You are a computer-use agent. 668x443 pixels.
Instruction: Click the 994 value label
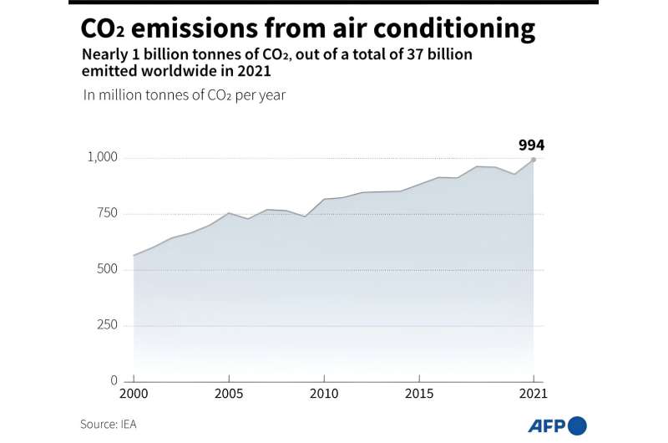pos(531,145)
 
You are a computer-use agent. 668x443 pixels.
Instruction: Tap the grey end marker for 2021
pos(534,160)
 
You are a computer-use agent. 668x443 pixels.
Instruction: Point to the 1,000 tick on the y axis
pos(104,158)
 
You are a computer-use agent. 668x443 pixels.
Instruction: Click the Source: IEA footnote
pos(109,425)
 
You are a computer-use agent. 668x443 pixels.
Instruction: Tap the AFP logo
pos(557,425)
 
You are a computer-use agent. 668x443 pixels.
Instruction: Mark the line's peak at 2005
pos(229,213)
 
